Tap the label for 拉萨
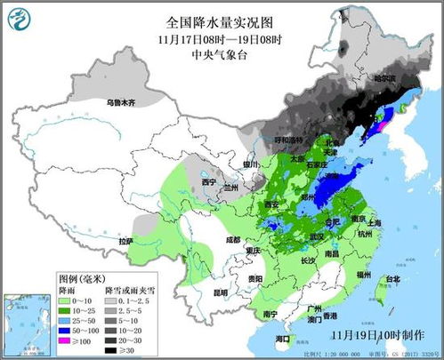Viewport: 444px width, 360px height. pyautogui.click(x=125, y=241)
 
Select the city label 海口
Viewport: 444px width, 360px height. pyautogui.click(x=283, y=340)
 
